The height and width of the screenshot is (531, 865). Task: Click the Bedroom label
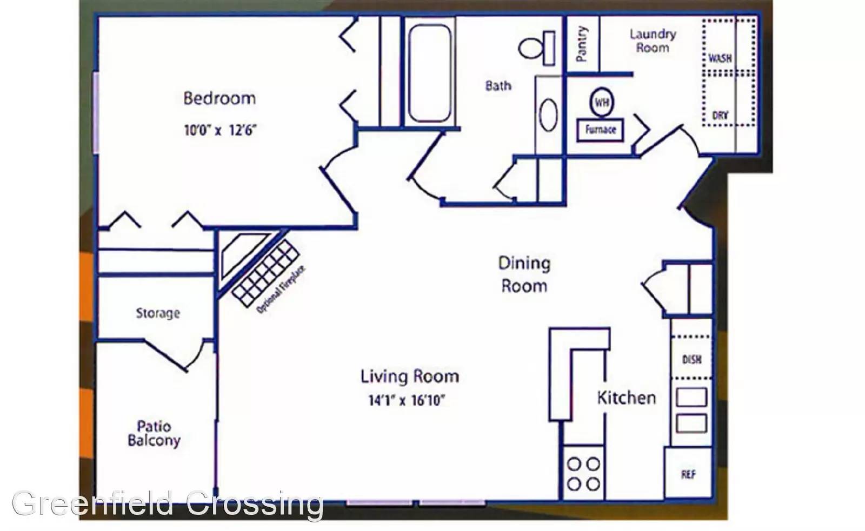pyautogui.click(x=219, y=98)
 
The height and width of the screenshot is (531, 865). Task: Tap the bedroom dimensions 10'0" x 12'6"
pyautogui.click(x=220, y=130)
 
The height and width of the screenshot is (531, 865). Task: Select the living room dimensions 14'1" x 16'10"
pyautogui.click(x=407, y=400)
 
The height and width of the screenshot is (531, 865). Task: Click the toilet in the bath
pyautogui.click(x=537, y=48)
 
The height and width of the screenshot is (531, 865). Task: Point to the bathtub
pyautogui.click(x=430, y=72)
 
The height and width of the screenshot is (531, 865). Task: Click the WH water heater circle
pyautogui.click(x=602, y=102)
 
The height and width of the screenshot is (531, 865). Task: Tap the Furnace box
pyautogui.click(x=600, y=130)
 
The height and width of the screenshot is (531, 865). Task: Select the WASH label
pyautogui.click(x=720, y=58)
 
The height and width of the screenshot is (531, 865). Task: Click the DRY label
pyautogui.click(x=720, y=116)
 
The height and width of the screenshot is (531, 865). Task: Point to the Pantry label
pyautogui.click(x=581, y=43)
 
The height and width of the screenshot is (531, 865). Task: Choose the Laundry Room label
pyautogui.click(x=653, y=41)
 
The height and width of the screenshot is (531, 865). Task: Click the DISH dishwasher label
pyautogui.click(x=691, y=360)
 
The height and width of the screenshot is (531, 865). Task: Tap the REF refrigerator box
pyautogui.click(x=688, y=473)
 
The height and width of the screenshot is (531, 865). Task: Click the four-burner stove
pyautogui.click(x=583, y=474)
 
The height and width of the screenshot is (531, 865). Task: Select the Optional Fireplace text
pyautogui.click(x=281, y=289)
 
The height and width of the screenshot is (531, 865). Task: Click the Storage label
pyautogui.click(x=158, y=313)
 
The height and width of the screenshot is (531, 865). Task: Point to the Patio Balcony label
pyautogui.click(x=154, y=433)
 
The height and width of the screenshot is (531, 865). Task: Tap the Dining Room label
pyautogui.click(x=524, y=275)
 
